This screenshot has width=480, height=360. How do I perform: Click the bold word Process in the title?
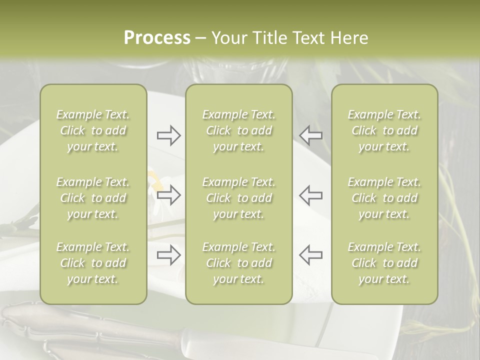click(157, 38)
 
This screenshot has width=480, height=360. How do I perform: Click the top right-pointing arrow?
click(168, 135)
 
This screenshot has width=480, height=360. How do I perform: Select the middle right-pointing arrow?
click(168, 195)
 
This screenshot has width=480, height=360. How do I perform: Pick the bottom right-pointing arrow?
click(168, 255)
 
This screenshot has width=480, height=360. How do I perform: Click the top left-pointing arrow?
click(310, 135)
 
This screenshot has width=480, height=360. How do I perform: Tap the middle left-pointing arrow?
click(310, 195)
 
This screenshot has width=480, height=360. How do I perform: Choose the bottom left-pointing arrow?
click(310, 255)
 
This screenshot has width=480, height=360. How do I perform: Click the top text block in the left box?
click(93, 130)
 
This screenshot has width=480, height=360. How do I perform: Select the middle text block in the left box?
click(93, 198)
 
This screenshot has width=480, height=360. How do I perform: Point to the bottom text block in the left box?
click(93, 263)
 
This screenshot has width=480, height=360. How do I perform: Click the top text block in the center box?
click(238, 130)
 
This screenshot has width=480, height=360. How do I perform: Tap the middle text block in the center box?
click(238, 198)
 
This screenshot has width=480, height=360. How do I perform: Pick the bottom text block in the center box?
click(238, 263)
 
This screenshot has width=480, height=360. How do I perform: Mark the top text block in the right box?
click(384, 130)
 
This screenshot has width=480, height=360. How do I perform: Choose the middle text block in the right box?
click(384, 198)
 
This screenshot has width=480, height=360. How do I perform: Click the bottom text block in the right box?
click(384, 263)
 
